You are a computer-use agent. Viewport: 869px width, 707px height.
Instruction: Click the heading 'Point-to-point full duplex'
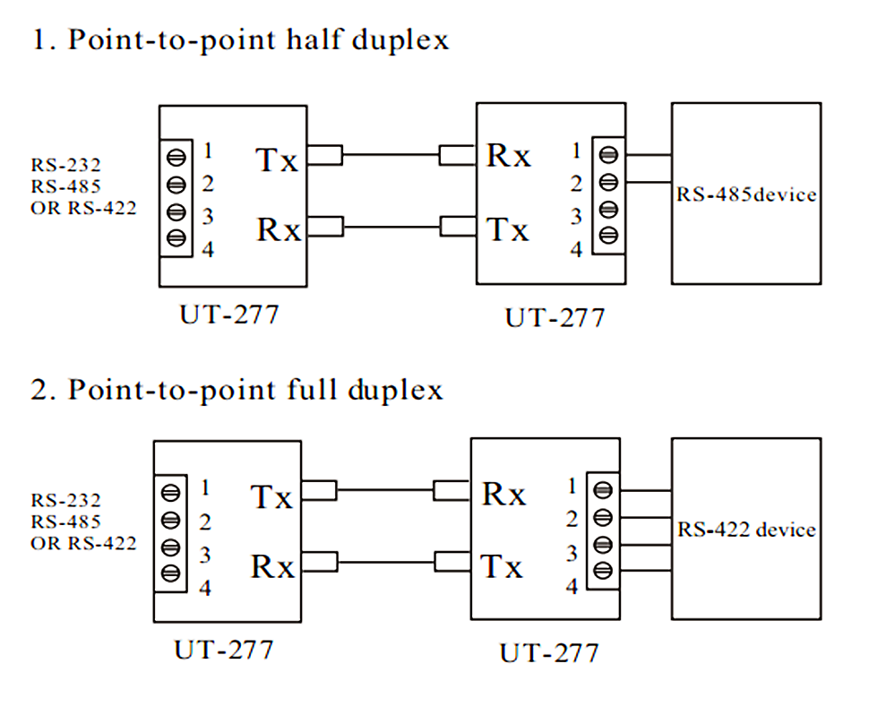254,391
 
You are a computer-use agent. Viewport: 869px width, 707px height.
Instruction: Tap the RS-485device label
745,194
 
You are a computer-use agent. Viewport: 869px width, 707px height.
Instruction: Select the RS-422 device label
746,530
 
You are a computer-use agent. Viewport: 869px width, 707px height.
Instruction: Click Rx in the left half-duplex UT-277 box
279,229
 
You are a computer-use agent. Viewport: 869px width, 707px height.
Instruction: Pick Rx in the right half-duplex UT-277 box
508,155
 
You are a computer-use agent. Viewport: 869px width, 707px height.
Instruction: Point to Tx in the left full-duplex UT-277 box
272,496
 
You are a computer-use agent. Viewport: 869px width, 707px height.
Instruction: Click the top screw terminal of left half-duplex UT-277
176,155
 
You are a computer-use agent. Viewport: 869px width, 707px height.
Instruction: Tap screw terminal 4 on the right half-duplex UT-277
608,236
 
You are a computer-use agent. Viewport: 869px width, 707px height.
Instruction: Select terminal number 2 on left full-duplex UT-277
205,521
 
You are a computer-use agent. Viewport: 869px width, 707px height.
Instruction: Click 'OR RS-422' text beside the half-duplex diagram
84,208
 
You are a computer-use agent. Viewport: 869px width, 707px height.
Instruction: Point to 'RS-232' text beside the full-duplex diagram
66,500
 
